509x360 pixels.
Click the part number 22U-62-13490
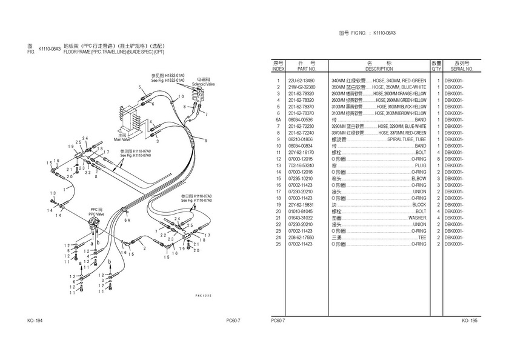(302, 80)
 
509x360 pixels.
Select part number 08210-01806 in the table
(302, 139)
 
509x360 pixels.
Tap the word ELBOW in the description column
(418, 179)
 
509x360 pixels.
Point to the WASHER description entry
(417, 218)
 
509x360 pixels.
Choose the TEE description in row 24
(422, 238)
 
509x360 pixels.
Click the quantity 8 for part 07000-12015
(437, 159)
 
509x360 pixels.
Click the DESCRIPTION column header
(379, 69)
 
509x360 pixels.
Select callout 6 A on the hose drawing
(127, 221)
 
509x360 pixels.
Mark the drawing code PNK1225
(204, 295)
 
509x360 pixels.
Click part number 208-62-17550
(302, 238)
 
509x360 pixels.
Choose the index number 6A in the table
(278, 119)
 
